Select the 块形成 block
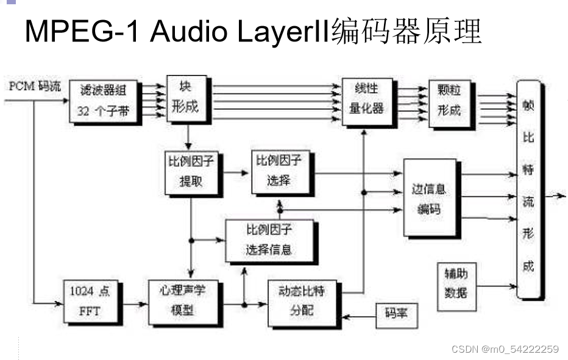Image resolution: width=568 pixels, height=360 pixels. (x=186, y=98)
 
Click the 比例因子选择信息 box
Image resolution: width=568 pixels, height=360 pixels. (x=271, y=241)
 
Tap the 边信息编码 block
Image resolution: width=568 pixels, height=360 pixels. (x=430, y=198)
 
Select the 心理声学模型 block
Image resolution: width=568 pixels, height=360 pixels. (x=185, y=301)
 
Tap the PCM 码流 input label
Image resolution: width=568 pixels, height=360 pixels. (x=35, y=86)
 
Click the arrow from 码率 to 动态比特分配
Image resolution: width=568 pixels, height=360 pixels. (x=358, y=317)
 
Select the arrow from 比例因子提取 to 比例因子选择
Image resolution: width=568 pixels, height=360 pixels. (x=236, y=173)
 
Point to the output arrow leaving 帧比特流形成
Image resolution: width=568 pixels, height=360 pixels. (x=554, y=196)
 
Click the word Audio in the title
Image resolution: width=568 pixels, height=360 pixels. (x=194, y=32)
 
